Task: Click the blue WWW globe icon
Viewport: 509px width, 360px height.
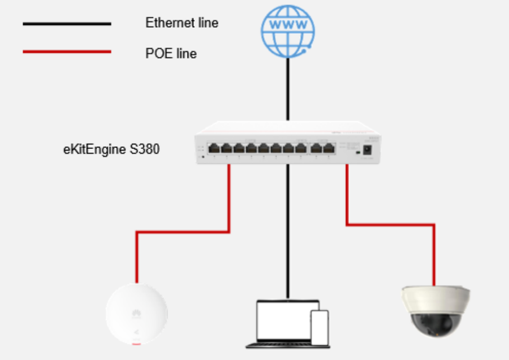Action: (x=288, y=31)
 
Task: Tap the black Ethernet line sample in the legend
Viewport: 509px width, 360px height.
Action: (x=67, y=24)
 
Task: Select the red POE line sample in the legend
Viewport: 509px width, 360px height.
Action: (x=67, y=52)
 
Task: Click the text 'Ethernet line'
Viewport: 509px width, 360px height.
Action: (x=182, y=23)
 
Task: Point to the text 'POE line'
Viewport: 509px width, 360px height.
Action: (x=171, y=53)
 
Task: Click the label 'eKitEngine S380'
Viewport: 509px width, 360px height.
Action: (x=111, y=149)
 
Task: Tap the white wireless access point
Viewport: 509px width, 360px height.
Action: (x=137, y=314)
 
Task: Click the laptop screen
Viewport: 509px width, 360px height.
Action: (x=284, y=320)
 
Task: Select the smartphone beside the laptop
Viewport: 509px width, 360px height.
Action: (x=320, y=328)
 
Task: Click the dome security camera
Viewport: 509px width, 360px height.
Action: (x=435, y=311)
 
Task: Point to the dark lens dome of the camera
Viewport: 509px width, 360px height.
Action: (x=435, y=325)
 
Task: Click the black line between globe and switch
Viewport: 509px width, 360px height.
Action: (x=288, y=89)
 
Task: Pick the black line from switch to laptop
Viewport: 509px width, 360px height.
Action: (x=288, y=231)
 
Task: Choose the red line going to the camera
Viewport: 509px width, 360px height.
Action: (x=390, y=224)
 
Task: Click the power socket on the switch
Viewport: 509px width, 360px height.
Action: (x=367, y=150)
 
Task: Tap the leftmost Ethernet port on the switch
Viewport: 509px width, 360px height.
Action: (x=214, y=148)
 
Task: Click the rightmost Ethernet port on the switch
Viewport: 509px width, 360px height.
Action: (x=329, y=148)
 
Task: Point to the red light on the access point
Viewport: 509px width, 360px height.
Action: (x=136, y=344)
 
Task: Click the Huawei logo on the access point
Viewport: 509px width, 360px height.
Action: (x=136, y=313)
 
